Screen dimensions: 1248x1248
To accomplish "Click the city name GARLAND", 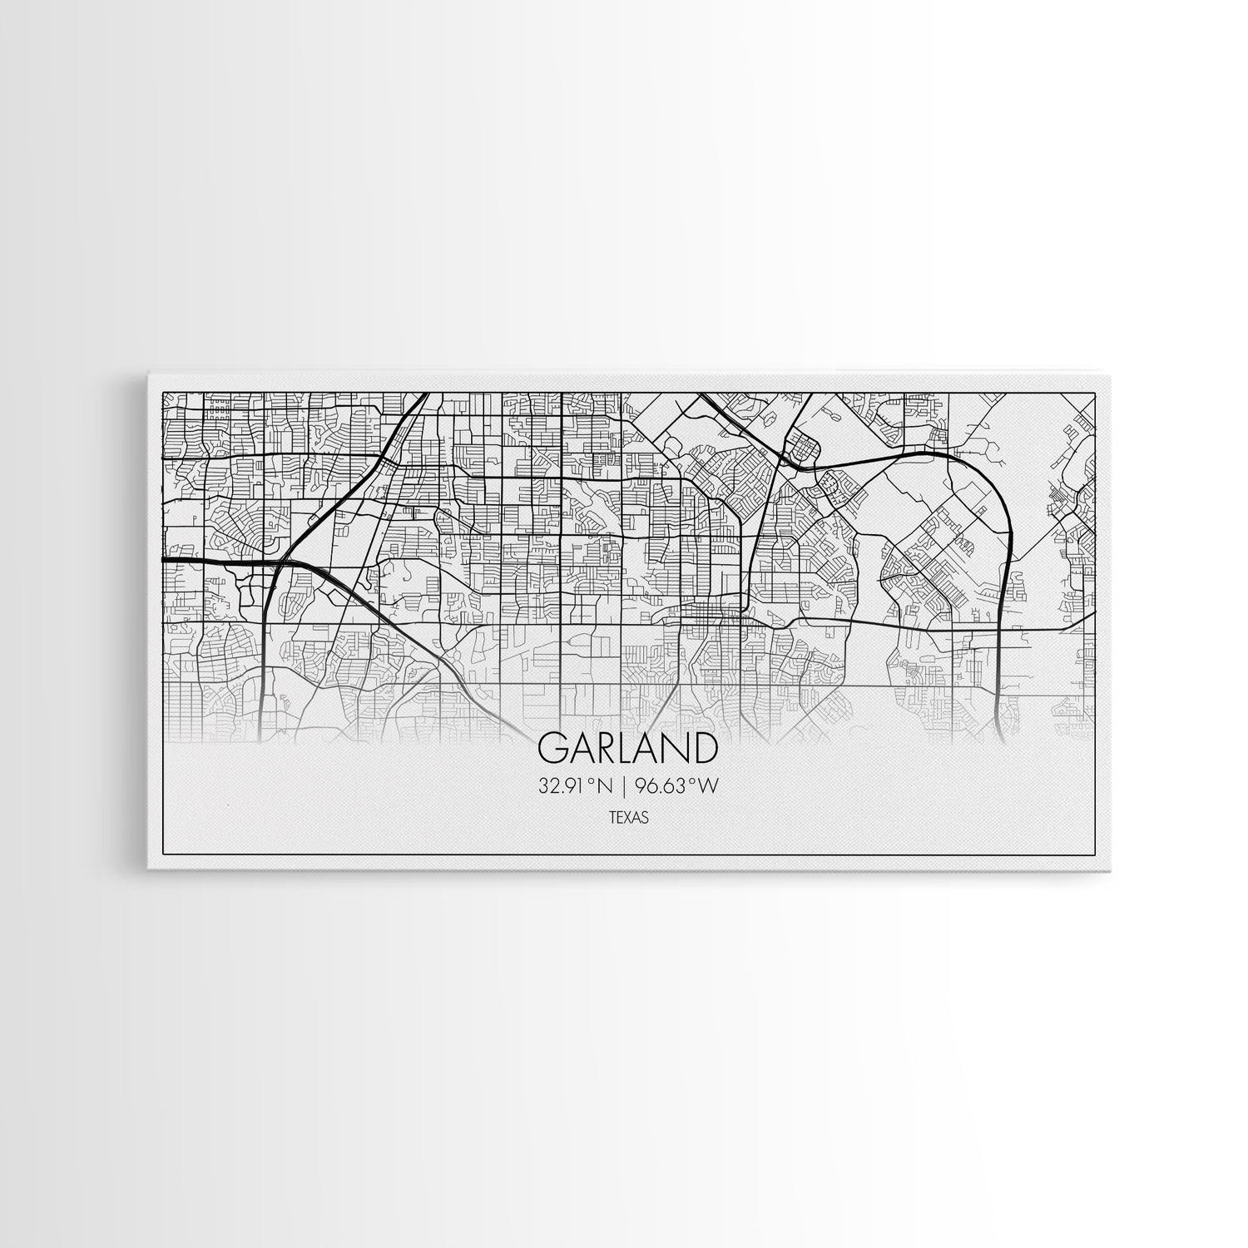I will click(628, 748).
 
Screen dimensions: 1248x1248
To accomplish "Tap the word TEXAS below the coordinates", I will click(628, 818).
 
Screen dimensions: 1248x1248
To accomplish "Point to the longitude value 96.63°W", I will click(676, 785).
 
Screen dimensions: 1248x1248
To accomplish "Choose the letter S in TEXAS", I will click(644, 818).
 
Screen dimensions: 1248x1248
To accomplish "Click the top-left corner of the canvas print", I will click(148, 373).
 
